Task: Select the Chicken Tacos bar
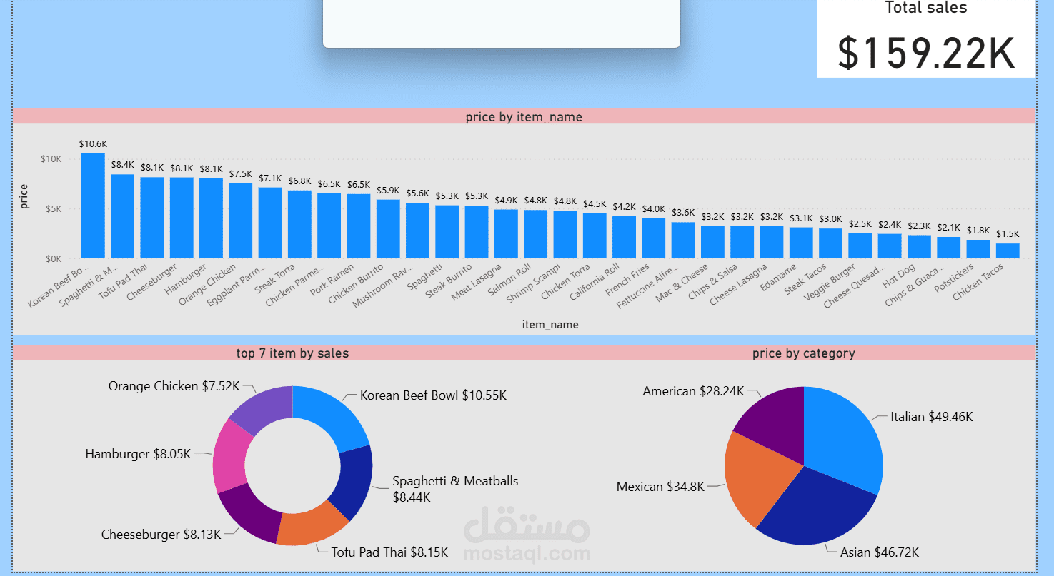[1008, 251]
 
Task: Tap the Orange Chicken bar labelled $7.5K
[241, 221]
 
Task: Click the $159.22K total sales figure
[926, 53]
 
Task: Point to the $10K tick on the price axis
[51, 158]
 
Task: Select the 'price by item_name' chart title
[524, 117]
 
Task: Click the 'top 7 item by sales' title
[292, 353]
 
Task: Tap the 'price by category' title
[803, 353]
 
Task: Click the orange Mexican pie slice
[757, 478]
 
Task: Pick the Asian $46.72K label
[879, 552]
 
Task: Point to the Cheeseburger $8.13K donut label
[161, 534]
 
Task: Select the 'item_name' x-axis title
[550, 325]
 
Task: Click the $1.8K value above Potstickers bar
[978, 230]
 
